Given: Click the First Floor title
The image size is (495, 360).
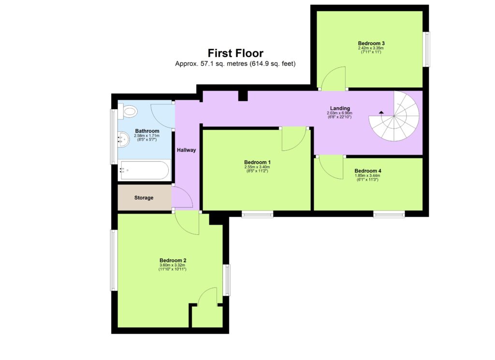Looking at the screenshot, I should pyautogui.click(x=235, y=53).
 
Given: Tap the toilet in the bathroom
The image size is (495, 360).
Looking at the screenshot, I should pyautogui.click(x=130, y=112).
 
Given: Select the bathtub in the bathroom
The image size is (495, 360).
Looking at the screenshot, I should pyautogui.click(x=144, y=170).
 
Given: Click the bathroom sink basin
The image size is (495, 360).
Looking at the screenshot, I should pyautogui.click(x=122, y=140).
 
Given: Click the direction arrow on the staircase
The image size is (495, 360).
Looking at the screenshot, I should pyautogui.click(x=381, y=112).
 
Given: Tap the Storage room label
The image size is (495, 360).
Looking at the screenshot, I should pyautogui.click(x=144, y=198).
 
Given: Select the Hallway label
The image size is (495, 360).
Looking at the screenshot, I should pyautogui.click(x=186, y=150).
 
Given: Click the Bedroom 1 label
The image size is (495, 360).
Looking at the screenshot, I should pyautogui.click(x=257, y=162).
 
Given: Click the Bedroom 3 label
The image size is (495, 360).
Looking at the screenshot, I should pyautogui.click(x=371, y=43).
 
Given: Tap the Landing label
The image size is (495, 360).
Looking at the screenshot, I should pyautogui.click(x=340, y=108).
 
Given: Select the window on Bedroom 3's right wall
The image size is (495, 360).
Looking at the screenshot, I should pyautogui.click(x=426, y=49).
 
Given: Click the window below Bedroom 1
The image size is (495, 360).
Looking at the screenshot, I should pyautogui.click(x=258, y=214).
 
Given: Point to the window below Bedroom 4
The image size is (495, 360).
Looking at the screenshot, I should pyautogui.click(x=389, y=214).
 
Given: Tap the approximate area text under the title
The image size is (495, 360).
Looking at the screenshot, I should pyautogui.click(x=235, y=64).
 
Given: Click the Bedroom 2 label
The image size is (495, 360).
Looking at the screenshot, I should pyautogui.click(x=173, y=260).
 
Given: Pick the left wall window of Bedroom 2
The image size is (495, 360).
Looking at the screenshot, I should pyautogui.click(x=114, y=259).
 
